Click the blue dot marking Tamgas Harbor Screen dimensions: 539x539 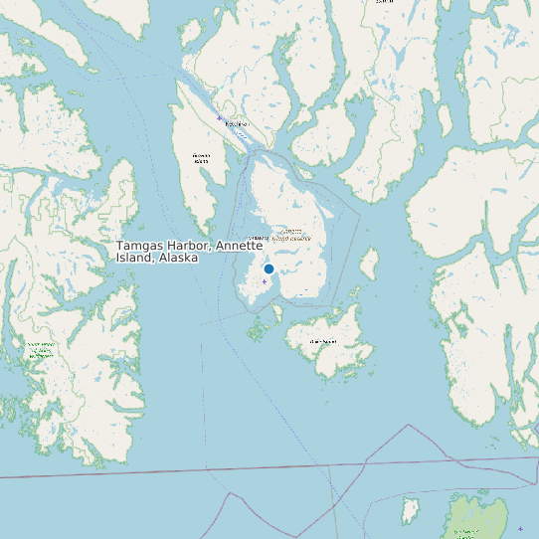coord(269,269)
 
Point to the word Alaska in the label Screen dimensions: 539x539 coord(177,258)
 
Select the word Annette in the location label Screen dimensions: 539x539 coord(239,246)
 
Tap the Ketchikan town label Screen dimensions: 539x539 coord(236,124)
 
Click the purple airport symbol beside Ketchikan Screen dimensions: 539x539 coord(220,117)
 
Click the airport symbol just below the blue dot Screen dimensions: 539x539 coord(265,281)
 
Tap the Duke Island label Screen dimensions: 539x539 coord(323,341)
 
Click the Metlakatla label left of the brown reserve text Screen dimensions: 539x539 coord(257,238)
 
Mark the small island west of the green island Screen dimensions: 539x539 coord(410,512)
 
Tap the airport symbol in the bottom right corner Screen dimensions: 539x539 coord(520,529)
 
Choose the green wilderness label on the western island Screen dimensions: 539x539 coord(40,349)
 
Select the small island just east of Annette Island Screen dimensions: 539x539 coord(368,263)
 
